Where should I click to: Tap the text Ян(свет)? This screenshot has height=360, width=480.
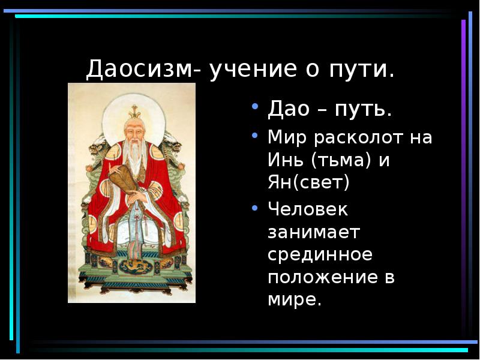(x=308, y=182)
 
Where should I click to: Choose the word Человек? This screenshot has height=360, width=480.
(x=308, y=209)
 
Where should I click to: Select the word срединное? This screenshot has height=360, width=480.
(x=320, y=254)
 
